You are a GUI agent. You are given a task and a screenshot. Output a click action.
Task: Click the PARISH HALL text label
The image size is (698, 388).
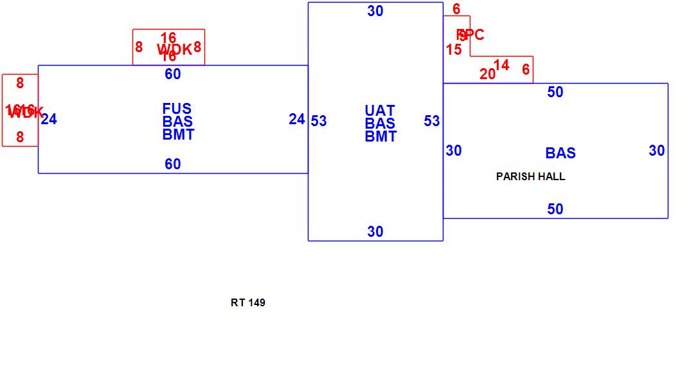click(530, 176)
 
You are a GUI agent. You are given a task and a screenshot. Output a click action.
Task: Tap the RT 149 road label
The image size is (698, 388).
click(247, 302)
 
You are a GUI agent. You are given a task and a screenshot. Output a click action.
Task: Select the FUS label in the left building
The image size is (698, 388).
click(177, 109)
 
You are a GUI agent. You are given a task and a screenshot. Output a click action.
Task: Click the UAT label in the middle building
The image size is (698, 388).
click(380, 111)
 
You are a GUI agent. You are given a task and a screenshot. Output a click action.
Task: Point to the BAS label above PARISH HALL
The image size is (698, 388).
click(560, 153)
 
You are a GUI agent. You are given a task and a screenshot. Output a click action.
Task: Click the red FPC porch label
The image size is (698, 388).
click(470, 35)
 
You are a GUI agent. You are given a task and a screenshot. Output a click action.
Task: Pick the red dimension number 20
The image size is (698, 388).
click(488, 74)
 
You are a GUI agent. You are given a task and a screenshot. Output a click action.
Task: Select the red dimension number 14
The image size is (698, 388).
click(501, 65)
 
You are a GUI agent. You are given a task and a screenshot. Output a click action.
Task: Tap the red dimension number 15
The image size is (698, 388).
click(454, 50)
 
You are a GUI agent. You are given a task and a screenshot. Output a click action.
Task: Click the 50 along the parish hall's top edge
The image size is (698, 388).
click(555, 92)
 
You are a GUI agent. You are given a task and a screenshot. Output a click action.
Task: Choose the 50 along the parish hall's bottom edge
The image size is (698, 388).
click(555, 209)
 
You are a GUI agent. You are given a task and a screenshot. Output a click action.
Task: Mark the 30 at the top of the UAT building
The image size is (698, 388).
click(375, 11)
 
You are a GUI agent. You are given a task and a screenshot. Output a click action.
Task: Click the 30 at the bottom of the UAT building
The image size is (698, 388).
click(375, 232)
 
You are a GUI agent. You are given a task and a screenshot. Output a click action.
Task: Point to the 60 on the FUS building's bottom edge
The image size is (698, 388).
click(173, 164)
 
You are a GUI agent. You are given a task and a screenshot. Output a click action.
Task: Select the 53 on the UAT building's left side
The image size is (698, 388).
click(319, 121)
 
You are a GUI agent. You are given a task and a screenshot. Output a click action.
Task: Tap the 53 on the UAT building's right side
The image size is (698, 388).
click(432, 121)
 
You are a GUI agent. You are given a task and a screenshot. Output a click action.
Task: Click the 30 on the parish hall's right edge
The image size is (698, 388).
click(656, 151)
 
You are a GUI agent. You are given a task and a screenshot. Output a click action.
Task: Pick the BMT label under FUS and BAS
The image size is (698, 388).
click(178, 134)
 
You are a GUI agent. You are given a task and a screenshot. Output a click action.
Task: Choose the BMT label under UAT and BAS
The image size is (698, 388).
click(380, 136)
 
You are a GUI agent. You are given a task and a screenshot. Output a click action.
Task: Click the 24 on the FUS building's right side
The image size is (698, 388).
click(296, 119)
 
